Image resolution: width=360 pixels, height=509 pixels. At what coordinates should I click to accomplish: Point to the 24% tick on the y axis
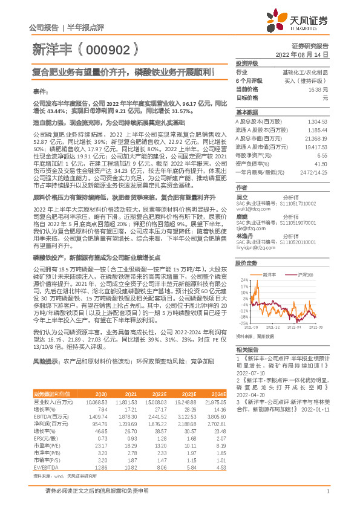click(244, 280)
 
